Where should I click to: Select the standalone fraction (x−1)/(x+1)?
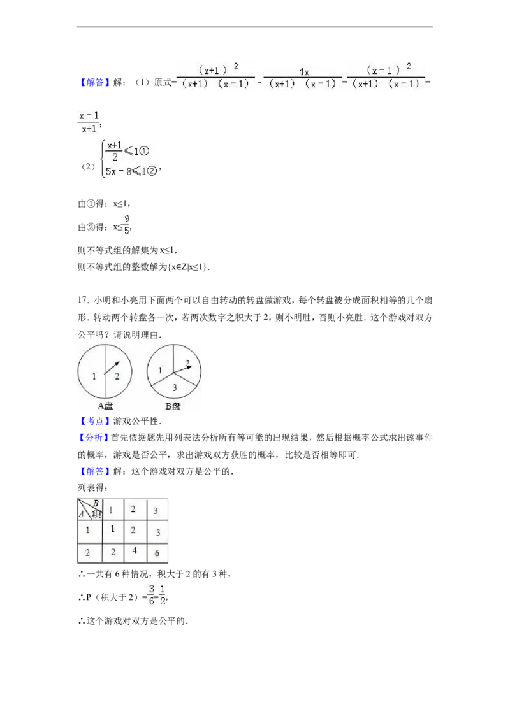[x=88, y=122]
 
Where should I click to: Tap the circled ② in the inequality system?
[x=151, y=170]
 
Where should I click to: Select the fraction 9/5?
[x=127, y=225]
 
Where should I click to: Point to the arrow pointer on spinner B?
[x=182, y=367]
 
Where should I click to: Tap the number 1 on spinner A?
[x=94, y=376]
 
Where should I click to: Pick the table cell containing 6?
[x=157, y=553]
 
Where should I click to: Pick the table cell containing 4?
[x=134, y=551]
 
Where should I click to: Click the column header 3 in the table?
[x=157, y=510]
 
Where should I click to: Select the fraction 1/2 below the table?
[x=163, y=594]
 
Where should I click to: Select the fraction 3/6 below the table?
[x=152, y=594]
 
